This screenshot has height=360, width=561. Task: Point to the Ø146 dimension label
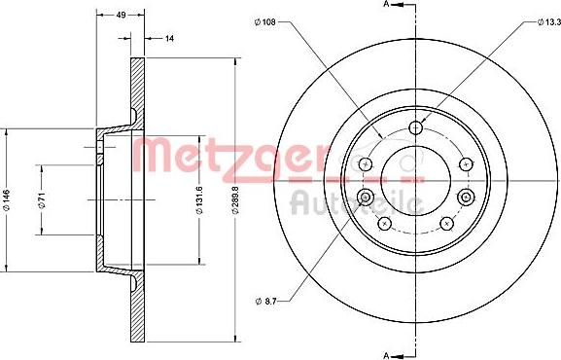point(8,201)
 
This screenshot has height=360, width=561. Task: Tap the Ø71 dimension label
point(42,201)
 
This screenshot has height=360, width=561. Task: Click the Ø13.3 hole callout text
point(526,19)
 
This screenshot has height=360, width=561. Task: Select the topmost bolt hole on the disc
point(416,127)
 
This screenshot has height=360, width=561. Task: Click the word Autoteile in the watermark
point(355,203)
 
